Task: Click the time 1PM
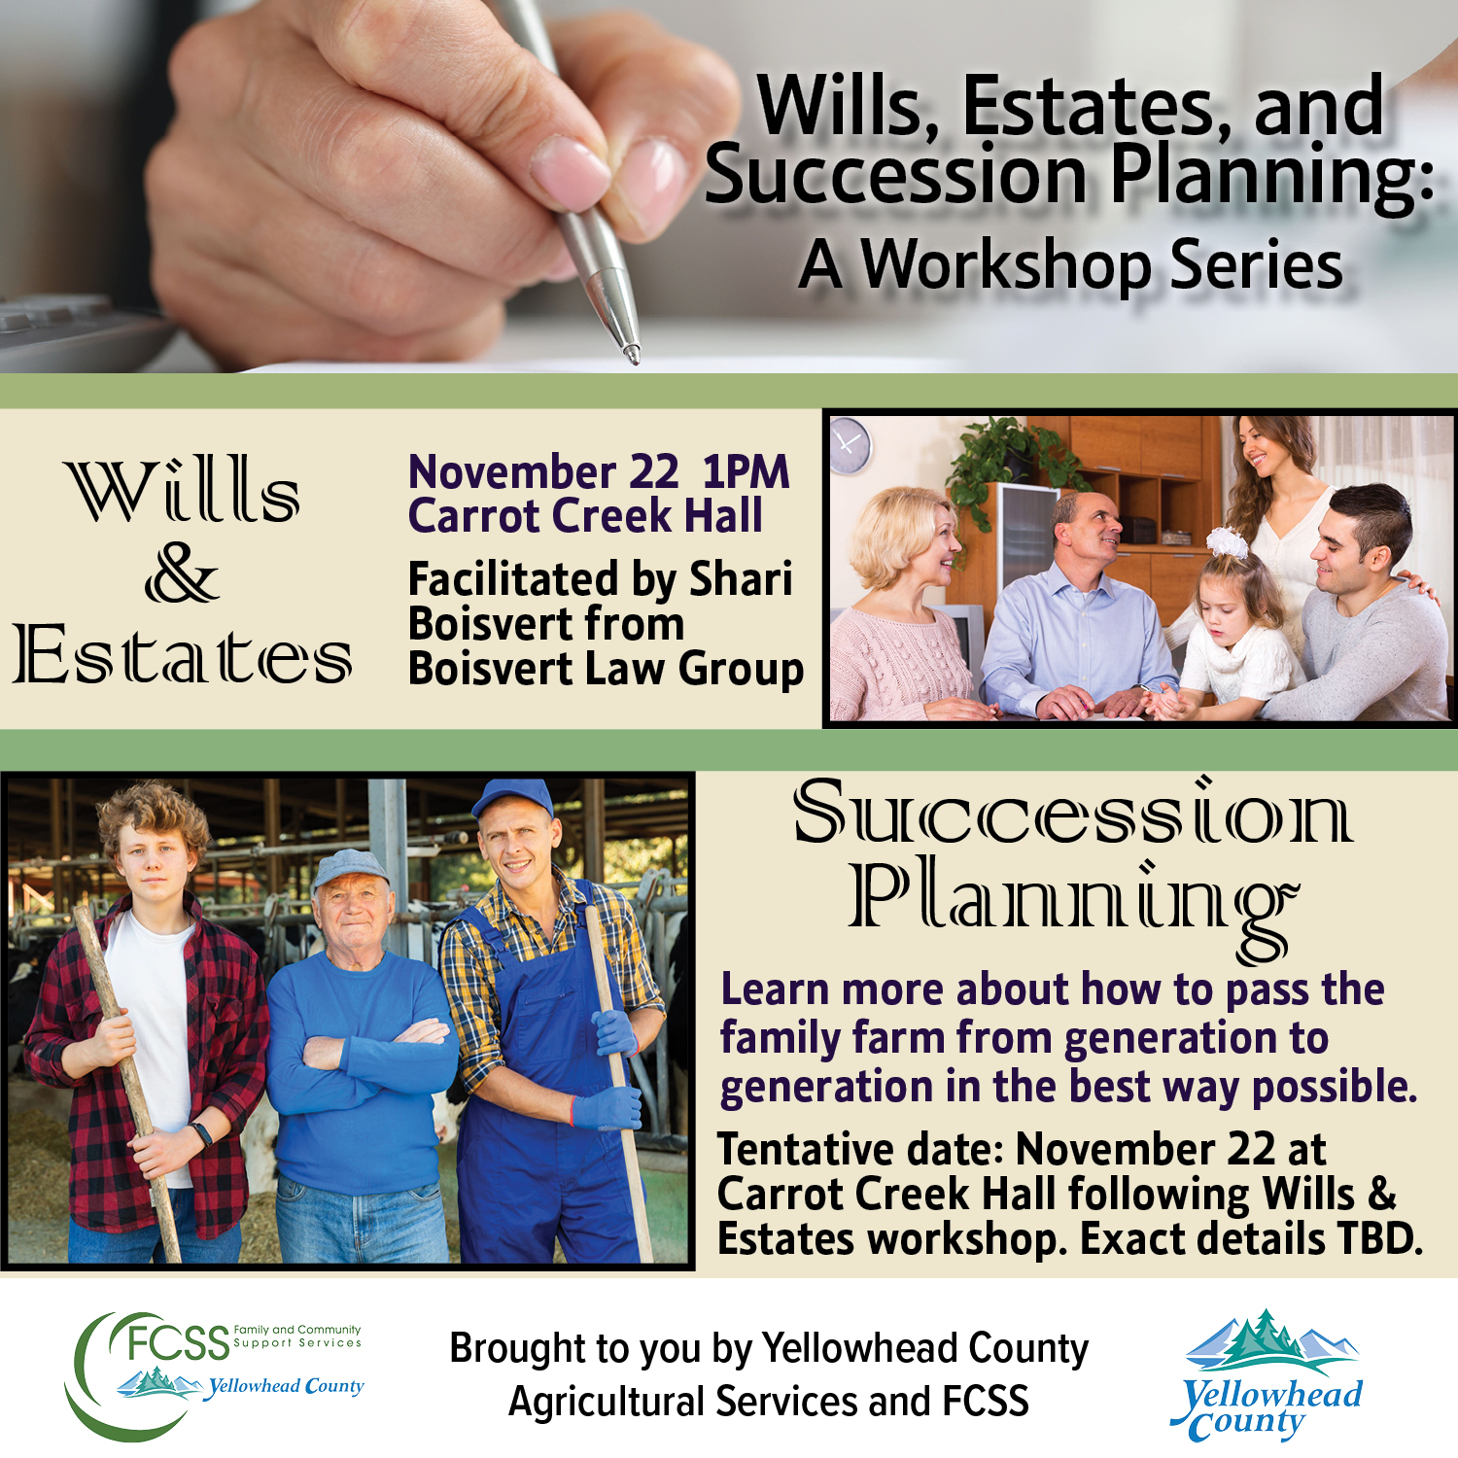click(x=746, y=472)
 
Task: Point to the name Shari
click(x=741, y=579)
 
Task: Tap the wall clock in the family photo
click(x=850, y=444)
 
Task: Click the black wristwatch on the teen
click(x=200, y=1133)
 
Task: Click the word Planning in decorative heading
click(x=1071, y=899)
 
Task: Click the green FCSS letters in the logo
click(x=178, y=1342)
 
